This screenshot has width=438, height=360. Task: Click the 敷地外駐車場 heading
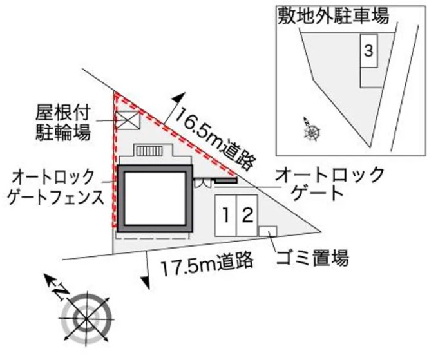pyautogui.click(x=334, y=15)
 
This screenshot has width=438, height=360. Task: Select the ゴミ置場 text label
pyautogui.click(x=312, y=259)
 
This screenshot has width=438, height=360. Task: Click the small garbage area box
pyautogui.click(x=268, y=231)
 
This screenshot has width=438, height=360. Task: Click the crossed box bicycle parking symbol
pyautogui.click(x=127, y=120)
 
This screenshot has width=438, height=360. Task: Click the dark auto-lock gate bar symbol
pyautogui.click(x=226, y=180)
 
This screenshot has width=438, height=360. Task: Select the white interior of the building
pyautogui.click(x=153, y=198)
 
